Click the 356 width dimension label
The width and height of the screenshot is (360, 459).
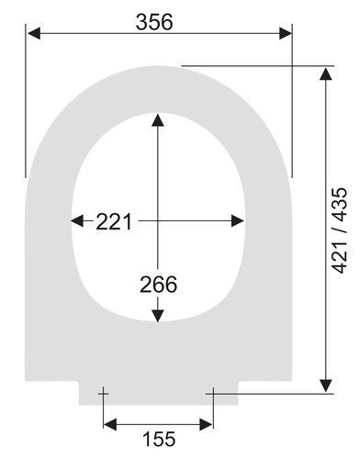154,22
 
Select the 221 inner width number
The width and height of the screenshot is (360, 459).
114,221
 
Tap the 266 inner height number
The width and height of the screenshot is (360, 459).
158,285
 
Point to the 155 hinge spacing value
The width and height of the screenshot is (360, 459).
159,439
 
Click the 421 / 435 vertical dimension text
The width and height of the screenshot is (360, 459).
340,230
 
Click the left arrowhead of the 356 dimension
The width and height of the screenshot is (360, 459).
34,33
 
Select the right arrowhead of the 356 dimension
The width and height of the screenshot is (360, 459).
286,33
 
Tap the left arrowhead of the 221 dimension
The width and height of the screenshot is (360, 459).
77,220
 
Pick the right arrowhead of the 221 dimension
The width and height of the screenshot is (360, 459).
238,220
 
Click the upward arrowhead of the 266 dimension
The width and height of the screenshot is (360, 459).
158,120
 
